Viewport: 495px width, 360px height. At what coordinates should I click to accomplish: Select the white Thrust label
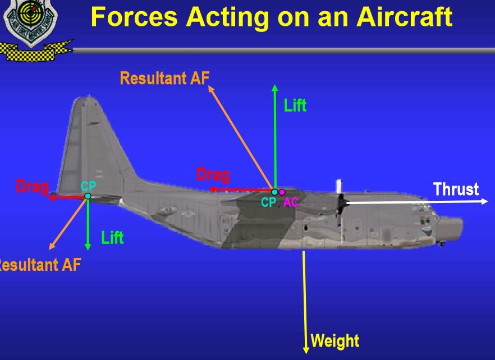coord(456,189)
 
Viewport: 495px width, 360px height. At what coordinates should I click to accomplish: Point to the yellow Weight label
coord(334,340)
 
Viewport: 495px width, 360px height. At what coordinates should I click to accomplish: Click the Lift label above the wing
coord(295,105)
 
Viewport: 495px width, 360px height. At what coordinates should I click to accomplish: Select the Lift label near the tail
coord(112,238)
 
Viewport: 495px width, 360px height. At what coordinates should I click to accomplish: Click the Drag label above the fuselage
coord(213,175)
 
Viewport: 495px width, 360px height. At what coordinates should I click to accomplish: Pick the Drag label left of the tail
coord(32,186)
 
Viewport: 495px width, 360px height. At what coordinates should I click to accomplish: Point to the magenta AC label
coord(291,202)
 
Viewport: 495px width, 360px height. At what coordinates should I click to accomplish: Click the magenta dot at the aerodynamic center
coord(282,192)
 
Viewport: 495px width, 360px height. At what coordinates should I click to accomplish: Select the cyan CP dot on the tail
coord(88,196)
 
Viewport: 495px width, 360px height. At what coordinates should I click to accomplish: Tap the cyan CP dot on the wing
coord(274,192)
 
